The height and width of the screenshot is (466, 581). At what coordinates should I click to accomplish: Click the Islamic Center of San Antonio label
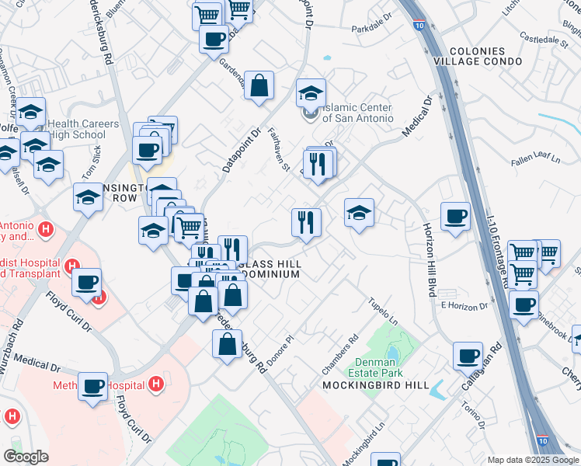pyautogui.click(x=357, y=113)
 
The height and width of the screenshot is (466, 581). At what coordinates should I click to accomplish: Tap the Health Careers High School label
pyautogui.click(x=84, y=129)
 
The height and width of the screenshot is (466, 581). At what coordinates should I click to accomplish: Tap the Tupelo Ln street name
pyautogui.click(x=382, y=311)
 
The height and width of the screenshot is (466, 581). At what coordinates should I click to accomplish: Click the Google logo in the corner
pyautogui.click(x=26, y=457)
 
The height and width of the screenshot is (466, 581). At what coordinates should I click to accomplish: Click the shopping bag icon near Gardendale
pyautogui.click(x=259, y=85)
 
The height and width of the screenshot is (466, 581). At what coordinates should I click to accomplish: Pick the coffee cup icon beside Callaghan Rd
pyautogui.click(x=468, y=356)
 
